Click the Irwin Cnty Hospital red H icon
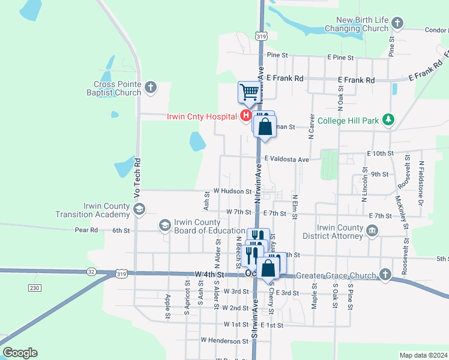pyautogui.click(x=246, y=116)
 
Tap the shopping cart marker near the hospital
pyautogui.click(x=249, y=92)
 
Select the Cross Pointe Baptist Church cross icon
pyautogui.click(x=151, y=89)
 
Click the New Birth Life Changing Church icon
pyautogui.click(x=397, y=23)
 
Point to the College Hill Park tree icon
pyautogui.click(x=389, y=121)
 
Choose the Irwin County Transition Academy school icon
pyautogui.click(x=139, y=209)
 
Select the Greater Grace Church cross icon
pyautogui.click(x=385, y=275)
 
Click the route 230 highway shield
pyautogui.click(x=34, y=288)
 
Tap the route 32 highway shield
pyautogui.click(x=91, y=271)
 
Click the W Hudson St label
pyautogui.click(x=232, y=191)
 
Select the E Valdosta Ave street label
pyautogui.click(x=287, y=160)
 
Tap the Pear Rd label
pyautogui.click(x=86, y=230)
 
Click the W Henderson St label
pyautogui.click(x=224, y=340)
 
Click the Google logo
pyautogui.click(x=20, y=353)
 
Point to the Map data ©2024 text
pyautogui.click(x=423, y=355)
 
